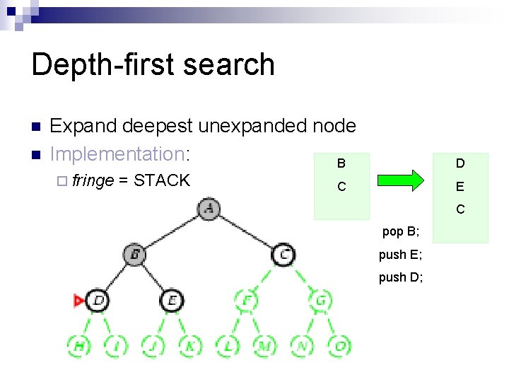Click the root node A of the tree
point(208,209)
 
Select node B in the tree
point(135,254)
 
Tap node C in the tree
point(283,254)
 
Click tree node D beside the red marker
point(98,301)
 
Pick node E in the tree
point(172,301)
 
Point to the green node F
point(246,301)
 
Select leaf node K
point(190,346)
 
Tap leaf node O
point(340,346)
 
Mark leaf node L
point(228,346)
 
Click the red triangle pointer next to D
point(78,301)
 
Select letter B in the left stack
point(341,164)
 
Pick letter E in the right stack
point(460,187)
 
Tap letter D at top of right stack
point(460,164)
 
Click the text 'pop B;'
point(401,231)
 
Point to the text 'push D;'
point(401,277)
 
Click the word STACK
point(162,180)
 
